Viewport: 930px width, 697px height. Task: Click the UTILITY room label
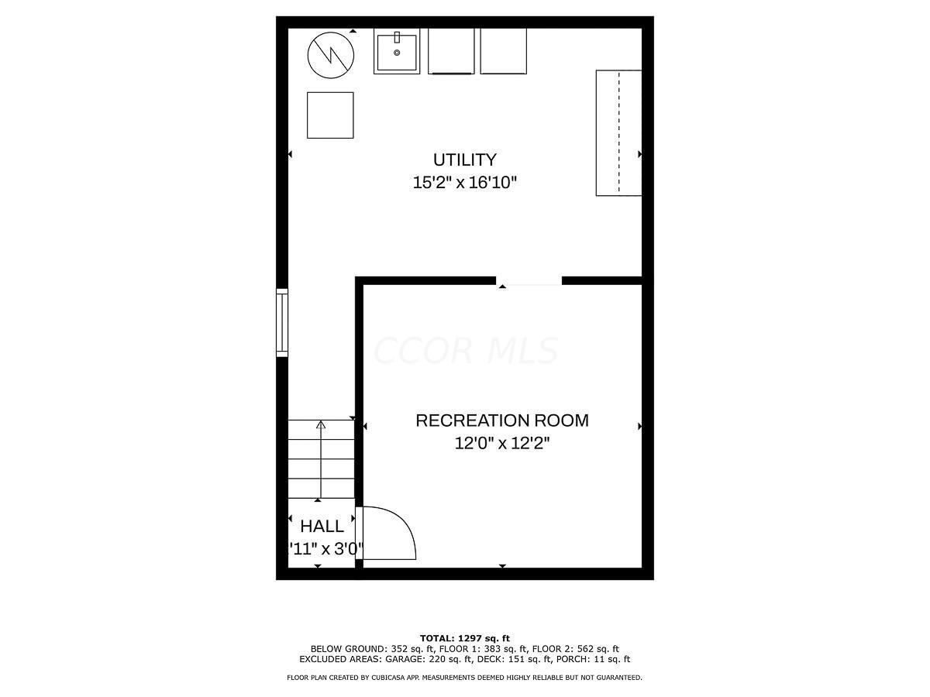pos(464,160)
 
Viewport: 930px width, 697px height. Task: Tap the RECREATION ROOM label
pos(502,421)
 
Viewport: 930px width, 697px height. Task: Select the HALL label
pos(322,527)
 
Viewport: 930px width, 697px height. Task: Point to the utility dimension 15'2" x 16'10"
pos(464,183)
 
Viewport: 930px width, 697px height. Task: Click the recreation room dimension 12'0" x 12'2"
pos(502,444)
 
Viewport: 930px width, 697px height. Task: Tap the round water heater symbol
pos(331,54)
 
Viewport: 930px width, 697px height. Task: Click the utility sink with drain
pos(397,52)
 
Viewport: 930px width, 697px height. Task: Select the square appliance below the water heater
pos(330,115)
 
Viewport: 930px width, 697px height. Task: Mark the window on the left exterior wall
pos(282,323)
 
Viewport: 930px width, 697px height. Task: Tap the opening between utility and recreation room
pos(529,280)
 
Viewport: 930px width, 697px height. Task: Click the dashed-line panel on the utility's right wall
pos(618,132)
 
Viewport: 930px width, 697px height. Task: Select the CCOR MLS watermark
pos(465,351)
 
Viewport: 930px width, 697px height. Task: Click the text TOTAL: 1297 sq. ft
pos(465,638)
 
